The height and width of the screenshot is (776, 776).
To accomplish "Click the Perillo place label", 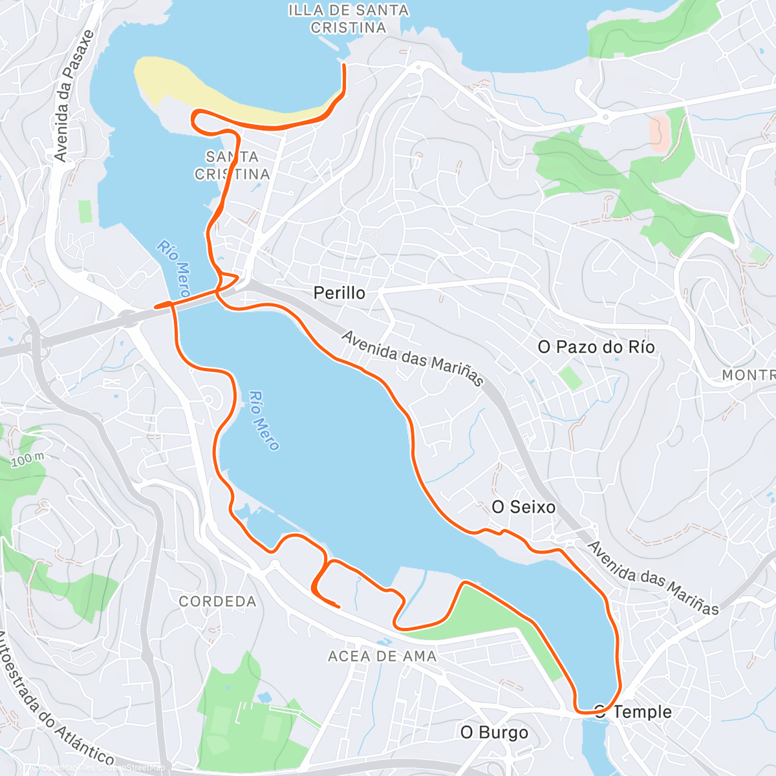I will point(339,293).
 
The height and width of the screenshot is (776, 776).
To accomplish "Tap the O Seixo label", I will point(523,507).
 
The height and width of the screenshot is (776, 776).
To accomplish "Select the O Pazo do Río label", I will point(596,347).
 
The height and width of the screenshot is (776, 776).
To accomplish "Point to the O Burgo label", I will point(494,733).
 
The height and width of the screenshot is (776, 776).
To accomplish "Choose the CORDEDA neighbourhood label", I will point(217,601).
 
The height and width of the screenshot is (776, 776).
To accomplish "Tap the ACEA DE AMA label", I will point(382,656).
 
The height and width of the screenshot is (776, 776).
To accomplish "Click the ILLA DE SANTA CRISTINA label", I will point(348,19).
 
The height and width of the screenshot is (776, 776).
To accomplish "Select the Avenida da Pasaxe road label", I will point(74,96).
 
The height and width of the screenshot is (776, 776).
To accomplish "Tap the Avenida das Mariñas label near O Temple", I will point(653,577).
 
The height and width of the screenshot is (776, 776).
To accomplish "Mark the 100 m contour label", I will point(27,460).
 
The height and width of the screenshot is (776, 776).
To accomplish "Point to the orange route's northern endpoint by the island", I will point(343,65).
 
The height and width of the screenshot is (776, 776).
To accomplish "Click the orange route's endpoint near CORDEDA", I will point(339,606).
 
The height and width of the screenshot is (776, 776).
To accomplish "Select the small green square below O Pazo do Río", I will point(570,378).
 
